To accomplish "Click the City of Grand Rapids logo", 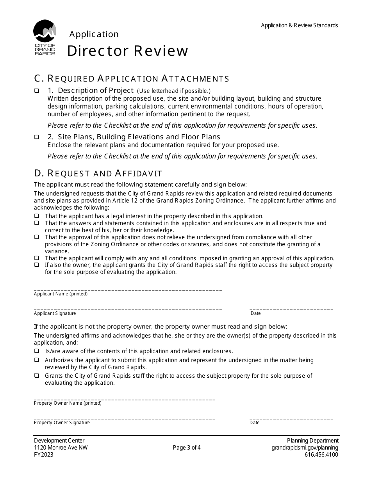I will point(45,37).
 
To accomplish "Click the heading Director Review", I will point(128,51).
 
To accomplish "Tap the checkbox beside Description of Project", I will point(36,91).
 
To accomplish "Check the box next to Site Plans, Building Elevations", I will point(36,137).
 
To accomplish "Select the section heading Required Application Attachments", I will point(132,78).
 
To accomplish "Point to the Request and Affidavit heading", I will point(98,173).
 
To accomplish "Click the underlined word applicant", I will point(59,185).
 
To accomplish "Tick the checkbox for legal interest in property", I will point(36,216).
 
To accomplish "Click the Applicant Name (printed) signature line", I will point(128,289).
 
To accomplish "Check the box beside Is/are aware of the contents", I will point(36,351).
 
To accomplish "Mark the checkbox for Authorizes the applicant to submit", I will point(36,360).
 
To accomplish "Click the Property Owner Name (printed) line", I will point(124,398).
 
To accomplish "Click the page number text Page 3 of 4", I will point(187,448).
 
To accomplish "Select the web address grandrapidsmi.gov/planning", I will point(305,448).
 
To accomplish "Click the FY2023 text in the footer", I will point(44,455).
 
